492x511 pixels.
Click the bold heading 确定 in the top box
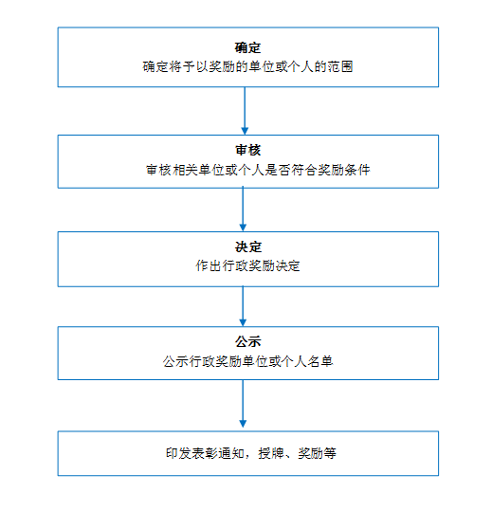tap(247, 47)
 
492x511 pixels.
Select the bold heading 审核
tap(248, 150)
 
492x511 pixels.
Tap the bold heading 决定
tap(248, 247)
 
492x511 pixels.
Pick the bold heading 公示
tap(248, 342)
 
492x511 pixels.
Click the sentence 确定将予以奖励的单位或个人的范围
tap(248, 66)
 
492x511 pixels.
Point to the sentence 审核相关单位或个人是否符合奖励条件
tap(258, 170)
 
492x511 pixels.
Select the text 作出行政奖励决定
tap(247, 265)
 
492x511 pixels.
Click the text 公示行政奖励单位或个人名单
tap(248, 361)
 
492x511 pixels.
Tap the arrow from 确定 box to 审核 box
tap(245, 111)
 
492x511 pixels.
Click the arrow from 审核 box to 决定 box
tap(243, 209)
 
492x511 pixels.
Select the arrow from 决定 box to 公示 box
tap(243, 306)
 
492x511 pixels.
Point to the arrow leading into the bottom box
tap(243, 404)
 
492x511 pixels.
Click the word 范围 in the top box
tap(340, 66)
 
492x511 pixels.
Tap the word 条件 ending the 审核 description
tap(357, 170)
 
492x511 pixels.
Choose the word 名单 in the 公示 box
tap(320, 361)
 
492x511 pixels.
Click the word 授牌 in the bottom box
tap(271, 453)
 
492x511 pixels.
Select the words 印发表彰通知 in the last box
tap(206, 453)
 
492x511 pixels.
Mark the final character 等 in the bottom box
tap(330, 453)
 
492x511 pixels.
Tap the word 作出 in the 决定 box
tap(209, 265)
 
